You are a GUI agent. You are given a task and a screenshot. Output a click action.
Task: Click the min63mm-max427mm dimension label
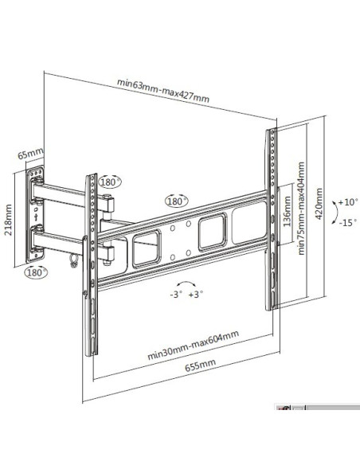point(162,90)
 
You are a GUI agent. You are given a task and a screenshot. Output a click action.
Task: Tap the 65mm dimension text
point(30,154)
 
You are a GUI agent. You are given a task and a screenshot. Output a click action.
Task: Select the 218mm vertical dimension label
point(8,220)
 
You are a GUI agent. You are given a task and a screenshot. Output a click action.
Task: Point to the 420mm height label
point(319,204)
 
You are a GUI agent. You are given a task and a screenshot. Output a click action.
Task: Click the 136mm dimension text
point(287,211)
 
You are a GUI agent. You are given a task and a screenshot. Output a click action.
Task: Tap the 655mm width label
point(200,365)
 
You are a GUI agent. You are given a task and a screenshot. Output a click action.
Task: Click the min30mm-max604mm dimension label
point(193,346)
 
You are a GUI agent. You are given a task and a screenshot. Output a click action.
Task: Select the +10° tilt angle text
point(348,202)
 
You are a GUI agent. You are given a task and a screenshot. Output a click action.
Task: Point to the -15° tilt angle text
point(348,222)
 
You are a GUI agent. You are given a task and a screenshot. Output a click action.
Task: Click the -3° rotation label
point(176,295)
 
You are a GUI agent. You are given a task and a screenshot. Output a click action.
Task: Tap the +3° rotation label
point(196,294)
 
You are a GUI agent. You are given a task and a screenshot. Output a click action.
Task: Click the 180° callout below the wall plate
point(36,272)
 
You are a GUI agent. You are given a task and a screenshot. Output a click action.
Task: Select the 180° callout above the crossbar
point(177,201)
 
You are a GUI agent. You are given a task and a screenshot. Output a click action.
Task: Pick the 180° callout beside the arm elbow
point(110,182)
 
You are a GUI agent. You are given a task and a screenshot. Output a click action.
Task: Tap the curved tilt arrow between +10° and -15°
point(337,213)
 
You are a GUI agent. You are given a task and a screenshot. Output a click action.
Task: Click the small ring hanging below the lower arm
point(73,260)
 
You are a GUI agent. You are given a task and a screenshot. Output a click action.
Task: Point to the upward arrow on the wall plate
point(36,217)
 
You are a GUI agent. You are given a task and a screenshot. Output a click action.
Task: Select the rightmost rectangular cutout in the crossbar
point(249,222)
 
